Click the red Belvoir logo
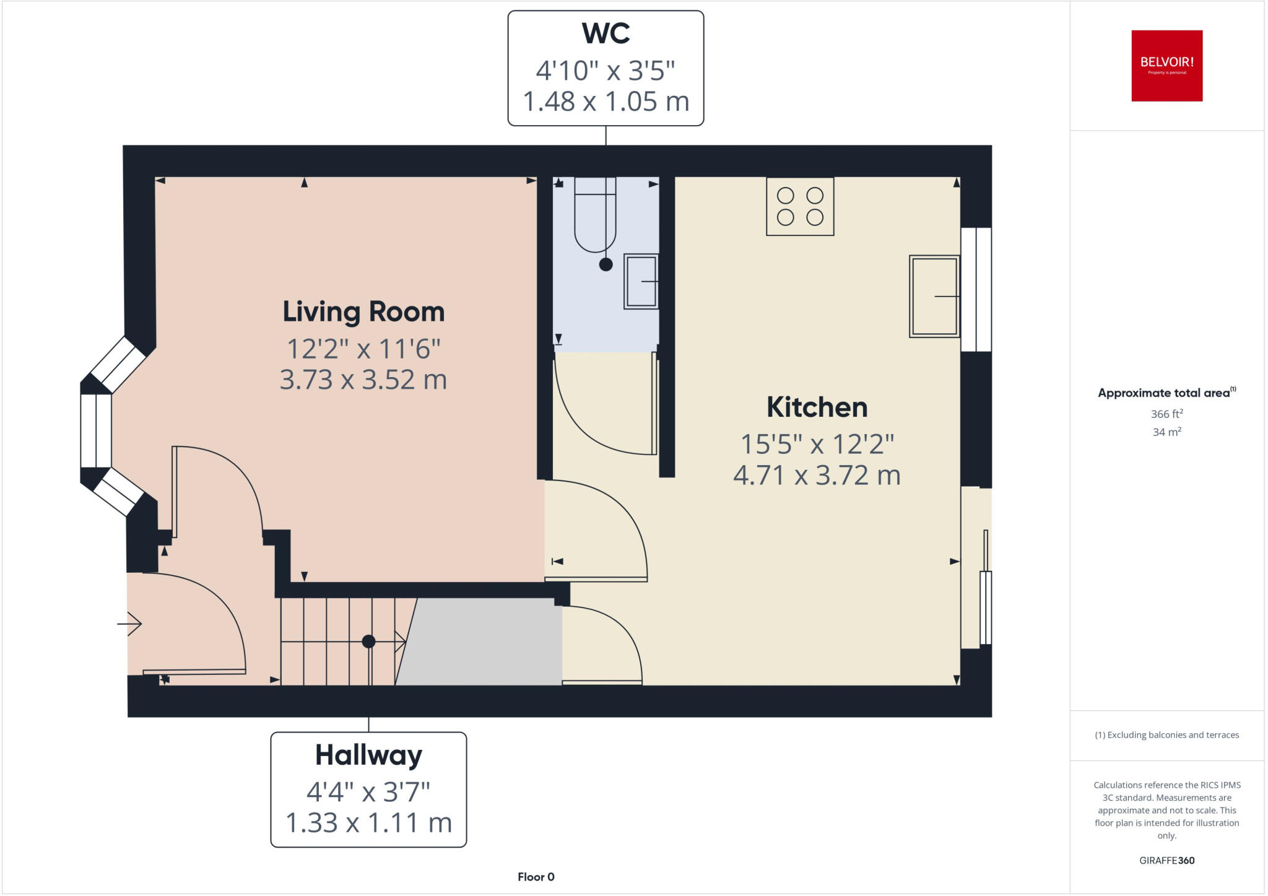click(1166, 66)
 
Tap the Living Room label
click(363, 311)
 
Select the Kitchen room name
click(817, 407)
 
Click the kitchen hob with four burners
click(800, 206)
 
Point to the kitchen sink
click(934, 297)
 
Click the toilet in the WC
click(595, 217)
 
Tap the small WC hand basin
click(641, 282)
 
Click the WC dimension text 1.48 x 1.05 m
click(606, 102)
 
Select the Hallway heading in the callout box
click(368, 755)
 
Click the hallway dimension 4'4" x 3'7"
click(368, 791)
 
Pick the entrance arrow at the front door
click(129, 624)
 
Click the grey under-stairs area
click(483, 644)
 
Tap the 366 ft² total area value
click(1166, 414)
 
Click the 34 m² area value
click(1166, 432)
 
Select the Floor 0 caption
click(536, 877)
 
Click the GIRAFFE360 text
click(1166, 860)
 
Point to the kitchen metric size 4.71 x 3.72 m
click(817, 476)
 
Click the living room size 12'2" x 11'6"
click(363, 349)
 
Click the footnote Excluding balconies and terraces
click(1166, 735)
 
